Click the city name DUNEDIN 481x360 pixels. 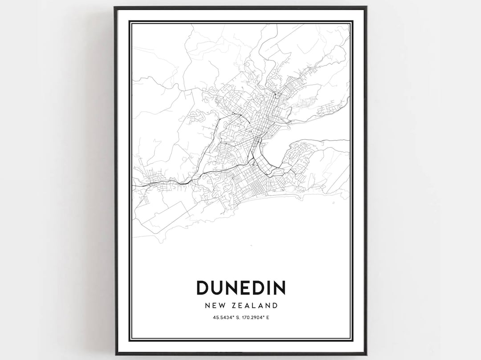pos(240,288)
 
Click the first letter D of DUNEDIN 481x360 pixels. pos(203,288)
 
